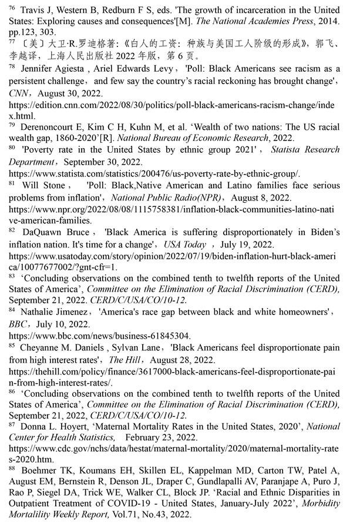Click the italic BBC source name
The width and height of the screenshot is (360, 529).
point(18,324)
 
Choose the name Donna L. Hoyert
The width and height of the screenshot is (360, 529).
point(55,427)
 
